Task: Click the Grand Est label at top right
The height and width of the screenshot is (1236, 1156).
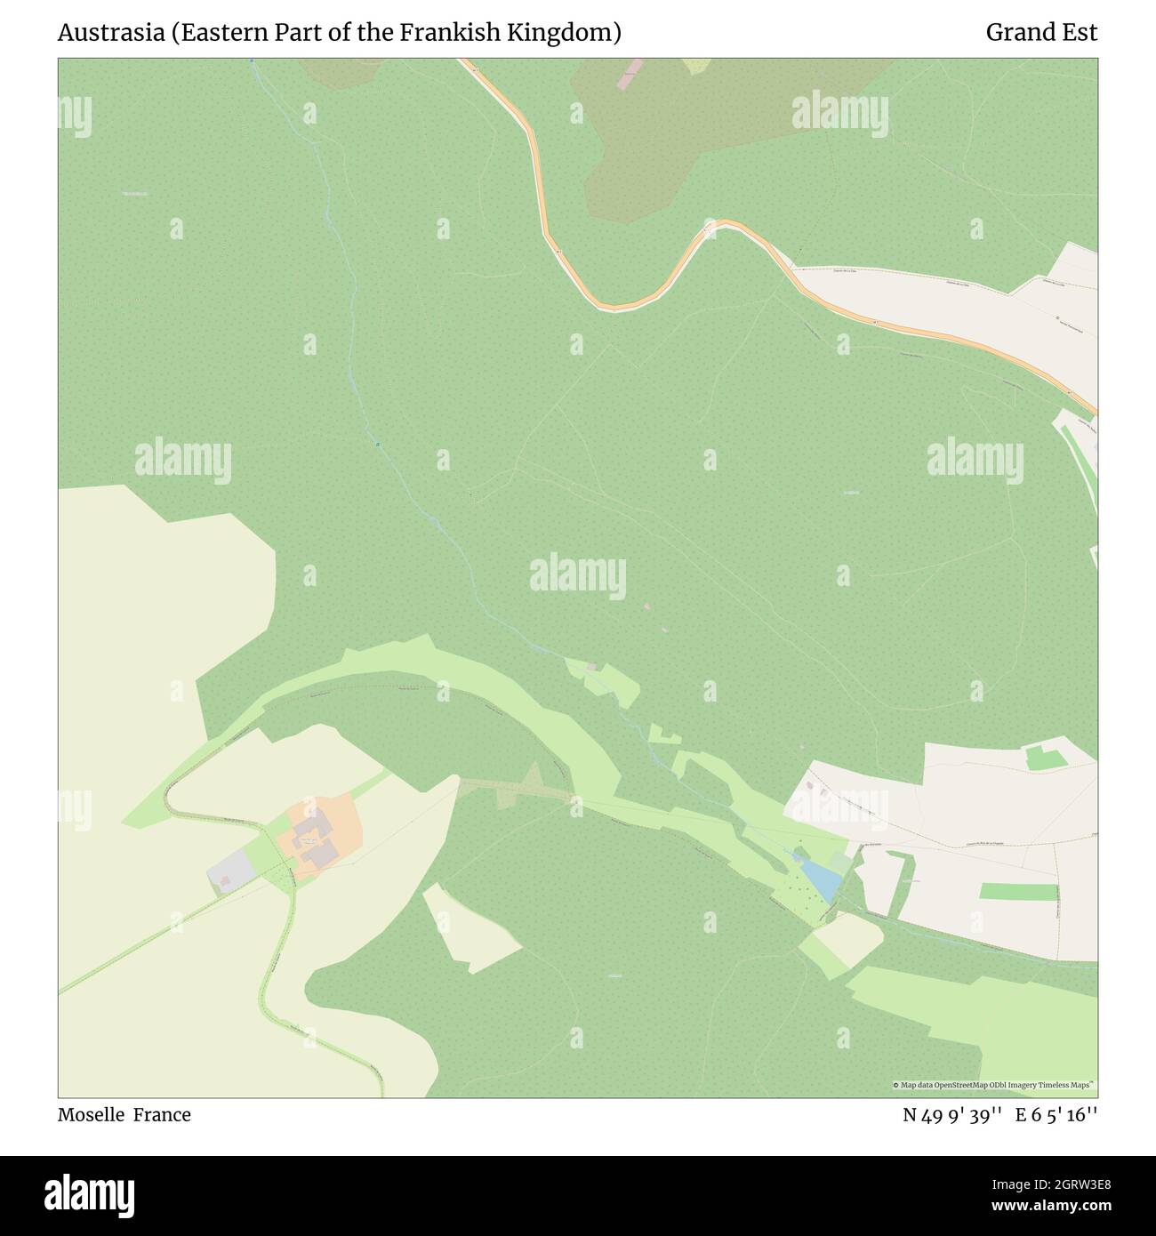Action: [1041, 33]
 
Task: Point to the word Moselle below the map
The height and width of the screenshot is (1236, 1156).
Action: [92, 1115]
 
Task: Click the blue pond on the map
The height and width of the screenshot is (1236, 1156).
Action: [821, 880]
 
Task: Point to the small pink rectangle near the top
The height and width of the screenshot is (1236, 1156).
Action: [630, 74]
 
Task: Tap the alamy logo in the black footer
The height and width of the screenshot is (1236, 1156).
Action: [90, 1194]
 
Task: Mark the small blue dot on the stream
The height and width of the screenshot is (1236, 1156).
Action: [378, 444]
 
